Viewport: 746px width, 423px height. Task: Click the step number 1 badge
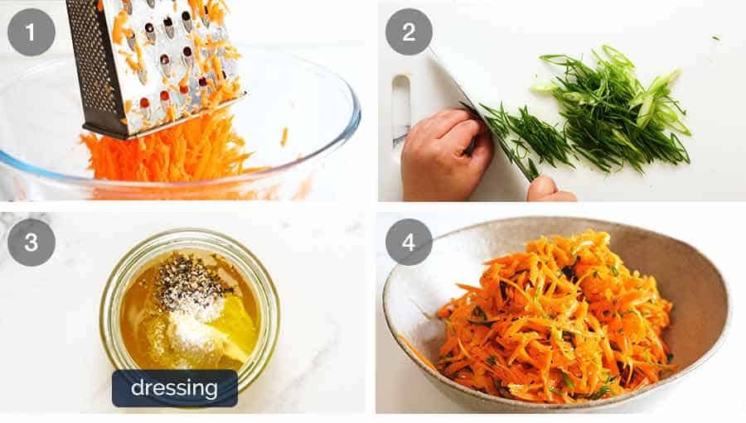pyautogui.click(x=31, y=32)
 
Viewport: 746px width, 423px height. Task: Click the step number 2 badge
pyautogui.click(x=409, y=32)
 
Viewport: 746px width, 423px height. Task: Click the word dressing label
pyautogui.click(x=174, y=387)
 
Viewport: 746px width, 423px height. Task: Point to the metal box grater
pyautogui.click(x=153, y=62)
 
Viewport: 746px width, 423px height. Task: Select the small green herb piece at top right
pyautogui.click(x=715, y=37)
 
